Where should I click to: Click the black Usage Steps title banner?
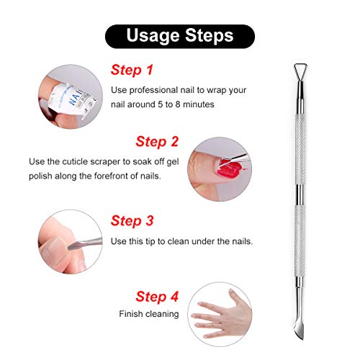point(179,35)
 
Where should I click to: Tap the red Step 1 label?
point(132,70)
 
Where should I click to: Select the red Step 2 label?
point(157,141)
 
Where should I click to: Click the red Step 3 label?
point(132,220)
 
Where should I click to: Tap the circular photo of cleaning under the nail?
point(69,240)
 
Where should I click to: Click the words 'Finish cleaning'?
point(148,314)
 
